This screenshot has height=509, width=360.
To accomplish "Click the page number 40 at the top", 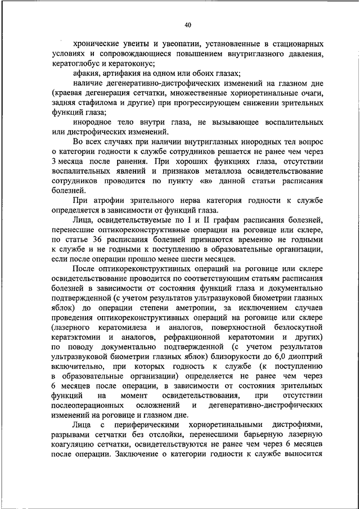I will (188, 25).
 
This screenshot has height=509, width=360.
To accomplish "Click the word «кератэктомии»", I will (77, 337).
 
